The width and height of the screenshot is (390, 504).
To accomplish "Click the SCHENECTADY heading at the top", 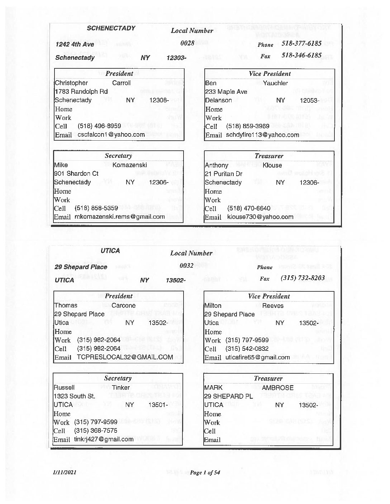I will click(x=111, y=28).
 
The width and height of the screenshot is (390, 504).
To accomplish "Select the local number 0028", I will click(x=187, y=43).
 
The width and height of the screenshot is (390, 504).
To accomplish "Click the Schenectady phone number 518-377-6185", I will click(x=301, y=43).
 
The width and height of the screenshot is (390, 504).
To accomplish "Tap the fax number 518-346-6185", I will click(x=301, y=55).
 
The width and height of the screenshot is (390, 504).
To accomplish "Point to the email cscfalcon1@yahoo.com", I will click(x=111, y=135).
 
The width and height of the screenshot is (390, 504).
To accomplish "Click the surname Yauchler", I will click(x=275, y=83).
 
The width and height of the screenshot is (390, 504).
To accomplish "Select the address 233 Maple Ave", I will click(x=226, y=92).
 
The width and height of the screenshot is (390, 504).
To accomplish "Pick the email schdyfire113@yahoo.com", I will click(x=262, y=135).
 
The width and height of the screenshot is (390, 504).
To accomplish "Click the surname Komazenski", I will click(x=130, y=165).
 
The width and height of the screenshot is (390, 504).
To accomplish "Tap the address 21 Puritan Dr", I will click(x=224, y=174).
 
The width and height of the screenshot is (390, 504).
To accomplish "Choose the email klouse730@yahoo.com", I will click(x=260, y=217).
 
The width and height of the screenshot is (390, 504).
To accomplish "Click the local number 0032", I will click(x=186, y=266).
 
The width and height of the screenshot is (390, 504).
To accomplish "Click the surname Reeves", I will click(x=273, y=306).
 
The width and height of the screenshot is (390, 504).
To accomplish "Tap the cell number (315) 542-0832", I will click(x=247, y=349).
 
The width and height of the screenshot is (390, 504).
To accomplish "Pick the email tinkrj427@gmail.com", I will click(x=104, y=439).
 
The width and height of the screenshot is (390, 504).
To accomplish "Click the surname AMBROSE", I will click(x=277, y=388).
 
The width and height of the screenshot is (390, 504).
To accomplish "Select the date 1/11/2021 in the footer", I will click(x=65, y=472).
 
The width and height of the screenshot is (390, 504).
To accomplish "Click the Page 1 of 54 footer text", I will click(x=205, y=472).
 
